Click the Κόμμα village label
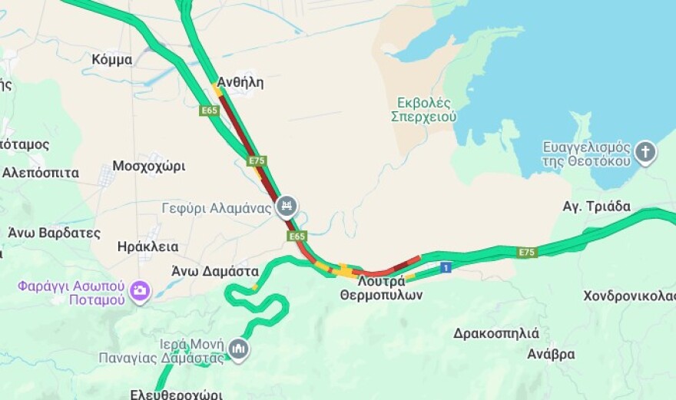[x=111, y=60]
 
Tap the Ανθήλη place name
[x=240, y=83]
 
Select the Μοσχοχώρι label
[x=148, y=166]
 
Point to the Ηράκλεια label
[x=147, y=246]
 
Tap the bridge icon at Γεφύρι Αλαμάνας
[x=287, y=206]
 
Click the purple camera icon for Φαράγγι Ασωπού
[x=141, y=290]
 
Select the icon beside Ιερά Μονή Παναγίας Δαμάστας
[x=238, y=349]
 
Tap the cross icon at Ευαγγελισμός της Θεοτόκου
[x=645, y=151]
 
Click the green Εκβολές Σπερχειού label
[x=423, y=110]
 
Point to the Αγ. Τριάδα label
[x=596, y=207]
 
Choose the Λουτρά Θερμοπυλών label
[x=382, y=288]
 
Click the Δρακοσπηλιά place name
[x=495, y=333]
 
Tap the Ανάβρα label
[x=551, y=354]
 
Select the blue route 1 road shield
[x=446, y=267]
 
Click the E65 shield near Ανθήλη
[x=209, y=111]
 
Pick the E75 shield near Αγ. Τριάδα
[x=526, y=252]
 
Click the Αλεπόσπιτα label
[x=40, y=173]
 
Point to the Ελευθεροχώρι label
[x=176, y=394]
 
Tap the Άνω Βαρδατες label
[x=54, y=232]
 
